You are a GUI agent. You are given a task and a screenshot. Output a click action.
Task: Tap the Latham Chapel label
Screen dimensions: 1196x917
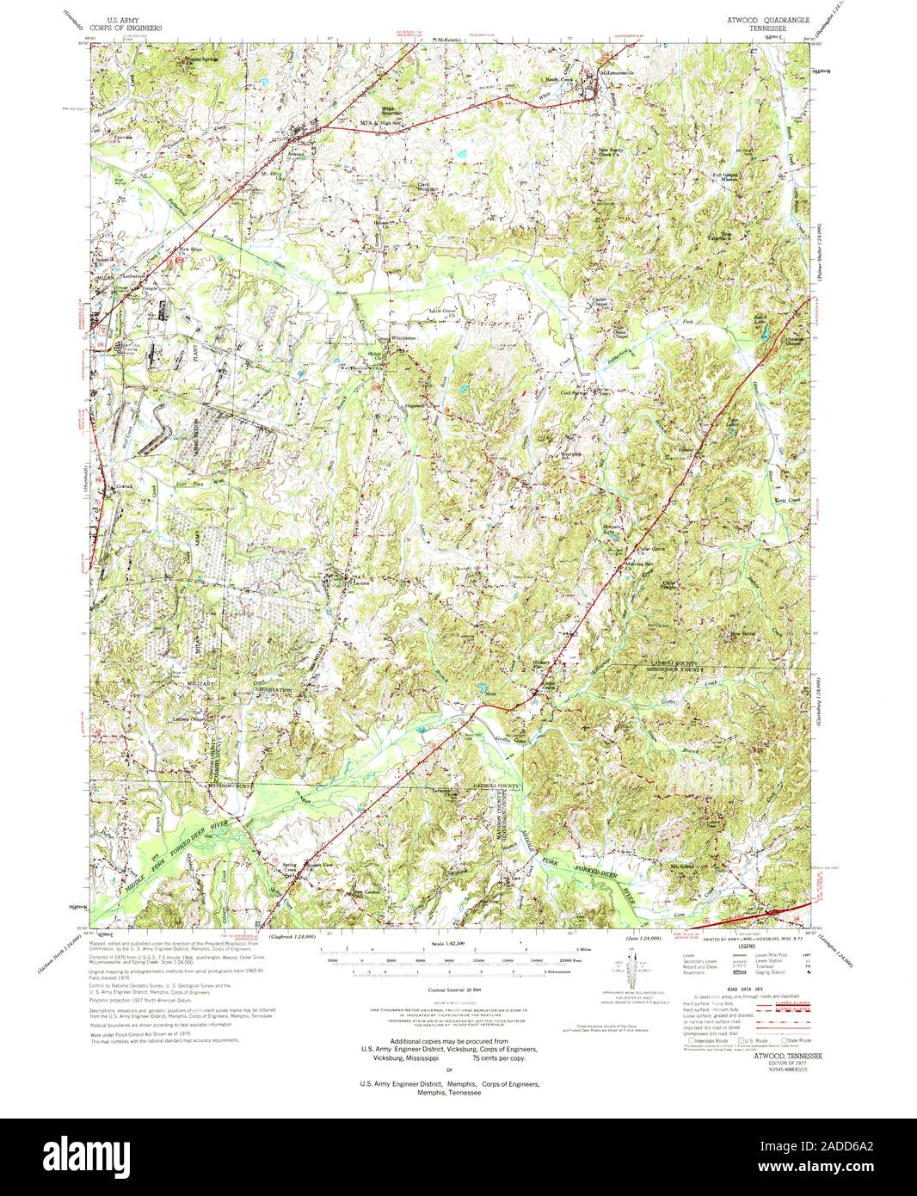tap(191, 720)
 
